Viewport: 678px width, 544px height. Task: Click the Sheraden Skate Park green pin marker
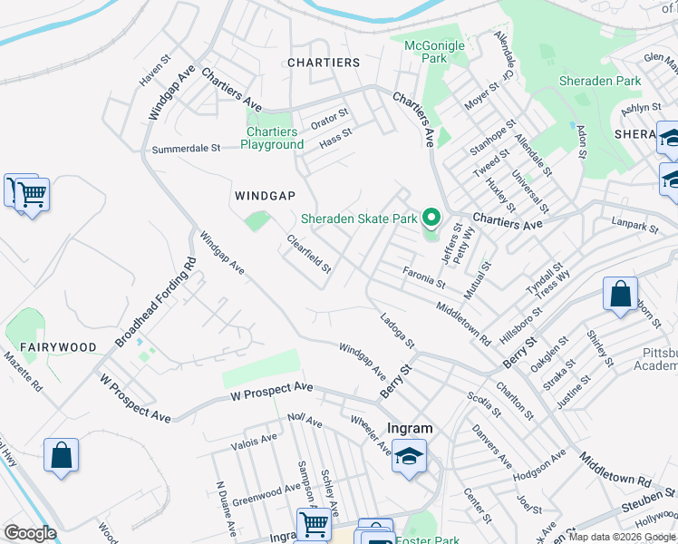pos(432,218)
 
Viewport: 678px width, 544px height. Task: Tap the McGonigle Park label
pos(434,52)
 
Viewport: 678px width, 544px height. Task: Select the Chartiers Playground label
pos(272,138)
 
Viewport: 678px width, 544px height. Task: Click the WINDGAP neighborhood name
pos(265,196)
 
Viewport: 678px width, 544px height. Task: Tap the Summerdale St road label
pos(187,149)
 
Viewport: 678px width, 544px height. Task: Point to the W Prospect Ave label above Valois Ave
pos(271,390)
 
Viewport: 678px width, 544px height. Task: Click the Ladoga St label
pos(397,331)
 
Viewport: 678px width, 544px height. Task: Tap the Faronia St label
pos(424,277)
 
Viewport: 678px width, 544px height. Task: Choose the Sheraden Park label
pos(600,81)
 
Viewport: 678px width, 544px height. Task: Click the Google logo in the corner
pos(29,533)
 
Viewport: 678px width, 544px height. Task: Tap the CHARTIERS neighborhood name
pos(324,63)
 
